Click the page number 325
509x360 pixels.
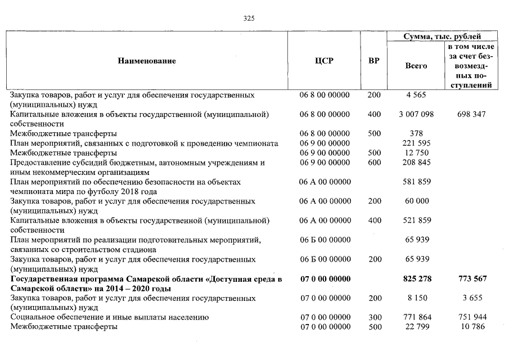tap(249, 18)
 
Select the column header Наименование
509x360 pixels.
tap(147, 61)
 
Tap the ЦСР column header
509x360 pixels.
tap(325, 61)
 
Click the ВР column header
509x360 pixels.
tap(373, 61)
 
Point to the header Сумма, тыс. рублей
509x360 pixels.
tap(442, 37)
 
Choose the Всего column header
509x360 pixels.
tap(416, 66)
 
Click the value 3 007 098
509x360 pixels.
tap(416, 115)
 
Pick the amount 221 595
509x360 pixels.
tap(417, 143)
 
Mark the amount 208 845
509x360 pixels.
tap(417, 163)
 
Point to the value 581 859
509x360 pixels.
tap(417, 182)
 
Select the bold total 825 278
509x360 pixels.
tap(417, 279)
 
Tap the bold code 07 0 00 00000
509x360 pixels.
tap(325, 279)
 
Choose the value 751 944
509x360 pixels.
tap(471, 318)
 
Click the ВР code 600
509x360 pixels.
tap(374, 163)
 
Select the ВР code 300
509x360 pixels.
tap(374, 318)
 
